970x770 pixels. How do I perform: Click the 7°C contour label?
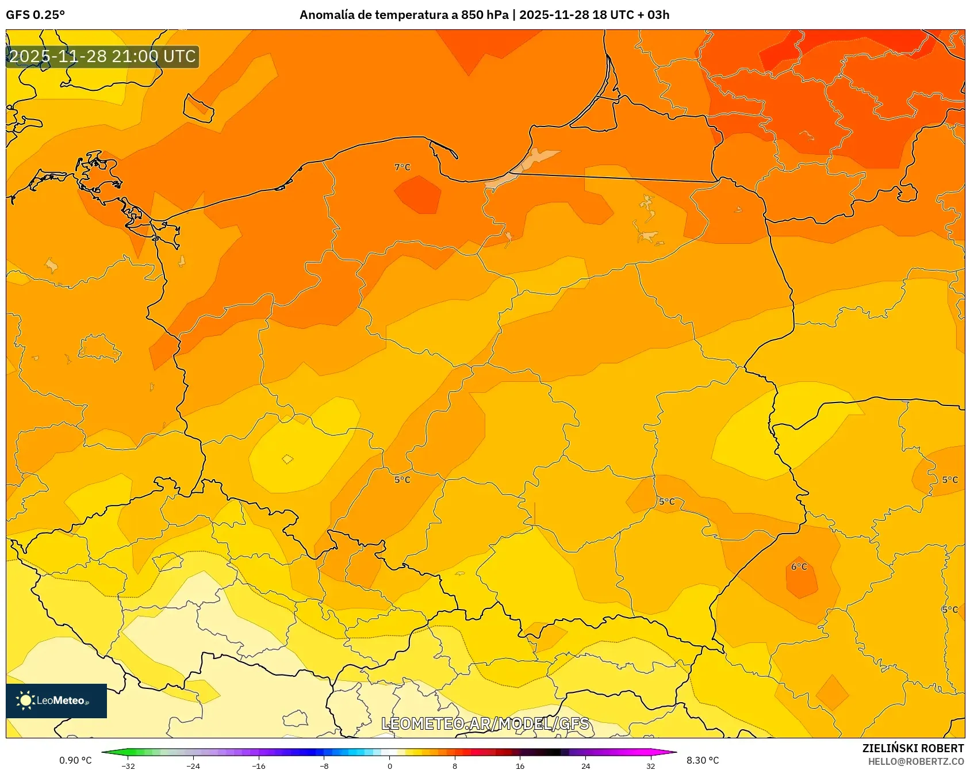pos(402,167)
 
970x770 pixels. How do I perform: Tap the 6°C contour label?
pos(799,567)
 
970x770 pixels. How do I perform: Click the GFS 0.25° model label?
pos(35,15)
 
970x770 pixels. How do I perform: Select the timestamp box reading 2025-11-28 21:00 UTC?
pos(102,56)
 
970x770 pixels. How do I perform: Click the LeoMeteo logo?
pos(56,700)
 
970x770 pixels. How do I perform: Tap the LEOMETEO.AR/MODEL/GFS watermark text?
pos(485,723)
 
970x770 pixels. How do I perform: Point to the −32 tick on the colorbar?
pos(128,765)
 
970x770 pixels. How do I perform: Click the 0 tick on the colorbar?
pos(390,765)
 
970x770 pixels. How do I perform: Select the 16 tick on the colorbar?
pos(520,765)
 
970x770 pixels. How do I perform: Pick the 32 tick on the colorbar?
pos(650,765)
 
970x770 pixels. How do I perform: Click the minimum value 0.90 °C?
pos(75,760)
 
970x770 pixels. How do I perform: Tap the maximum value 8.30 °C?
pos(703,760)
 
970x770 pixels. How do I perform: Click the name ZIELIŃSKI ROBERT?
pos(913,748)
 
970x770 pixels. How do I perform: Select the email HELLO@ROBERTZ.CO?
pos(915,761)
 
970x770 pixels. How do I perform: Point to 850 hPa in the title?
pos(485,15)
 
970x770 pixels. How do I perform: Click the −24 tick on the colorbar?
pos(193,765)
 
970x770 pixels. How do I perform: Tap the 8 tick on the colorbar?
pos(455,765)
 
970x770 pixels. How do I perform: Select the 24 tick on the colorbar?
pos(585,765)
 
